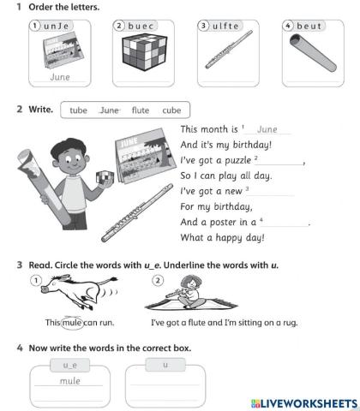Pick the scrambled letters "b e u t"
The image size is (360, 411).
point(309,27)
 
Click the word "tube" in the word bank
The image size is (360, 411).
point(78,110)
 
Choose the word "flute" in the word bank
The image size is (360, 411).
point(140,110)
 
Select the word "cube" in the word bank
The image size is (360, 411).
point(171,110)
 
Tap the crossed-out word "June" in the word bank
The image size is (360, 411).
point(109,110)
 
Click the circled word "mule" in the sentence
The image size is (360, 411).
point(72,323)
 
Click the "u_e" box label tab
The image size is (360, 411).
point(58,365)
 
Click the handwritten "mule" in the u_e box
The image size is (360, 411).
point(58,382)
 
